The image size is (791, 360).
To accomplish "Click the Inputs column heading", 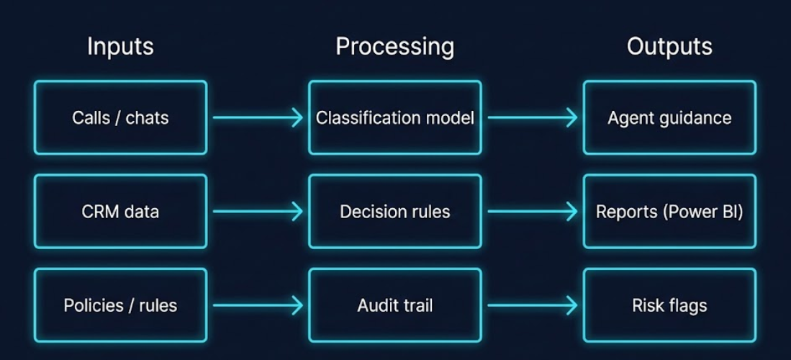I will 120,47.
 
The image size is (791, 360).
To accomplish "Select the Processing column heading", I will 394,47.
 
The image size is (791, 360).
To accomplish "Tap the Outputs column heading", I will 669,47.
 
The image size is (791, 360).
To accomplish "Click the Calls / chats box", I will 120,117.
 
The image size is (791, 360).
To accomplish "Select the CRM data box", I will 120,212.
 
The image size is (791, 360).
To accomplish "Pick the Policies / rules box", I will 120,305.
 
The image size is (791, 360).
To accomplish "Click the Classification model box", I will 394,117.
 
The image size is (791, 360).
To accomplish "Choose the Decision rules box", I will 394,212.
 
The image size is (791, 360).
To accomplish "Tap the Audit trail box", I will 394,305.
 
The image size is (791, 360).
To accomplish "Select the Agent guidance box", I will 669,117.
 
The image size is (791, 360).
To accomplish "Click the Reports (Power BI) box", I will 669,212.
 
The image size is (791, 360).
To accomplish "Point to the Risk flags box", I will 669,305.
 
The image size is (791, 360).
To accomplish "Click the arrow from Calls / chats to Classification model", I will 258,117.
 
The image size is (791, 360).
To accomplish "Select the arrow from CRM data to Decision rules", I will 258,212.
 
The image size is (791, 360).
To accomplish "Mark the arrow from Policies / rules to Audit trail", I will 258,306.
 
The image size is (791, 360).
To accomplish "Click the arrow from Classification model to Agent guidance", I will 532,117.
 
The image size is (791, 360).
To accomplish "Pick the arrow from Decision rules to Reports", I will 532,212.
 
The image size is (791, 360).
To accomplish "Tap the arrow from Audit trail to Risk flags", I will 532,306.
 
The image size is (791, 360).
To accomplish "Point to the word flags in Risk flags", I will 687,305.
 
